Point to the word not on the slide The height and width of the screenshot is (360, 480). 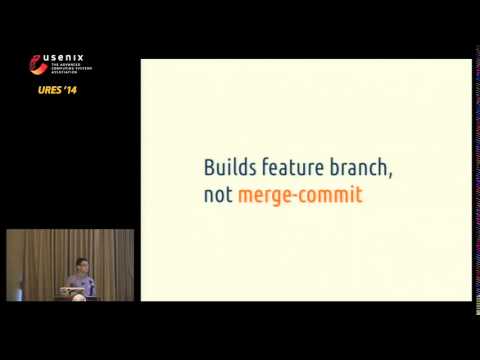point(218,195)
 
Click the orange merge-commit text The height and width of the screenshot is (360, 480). point(300,195)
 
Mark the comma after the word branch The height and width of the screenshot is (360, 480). point(390,175)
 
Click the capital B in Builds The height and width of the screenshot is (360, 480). point(209,167)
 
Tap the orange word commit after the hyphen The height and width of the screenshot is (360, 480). point(330,195)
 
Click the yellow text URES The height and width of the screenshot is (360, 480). point(46,91)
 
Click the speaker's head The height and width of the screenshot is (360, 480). point(82,266)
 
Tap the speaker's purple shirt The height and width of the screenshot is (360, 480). point(83,284)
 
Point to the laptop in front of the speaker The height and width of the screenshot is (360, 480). point(76,291)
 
